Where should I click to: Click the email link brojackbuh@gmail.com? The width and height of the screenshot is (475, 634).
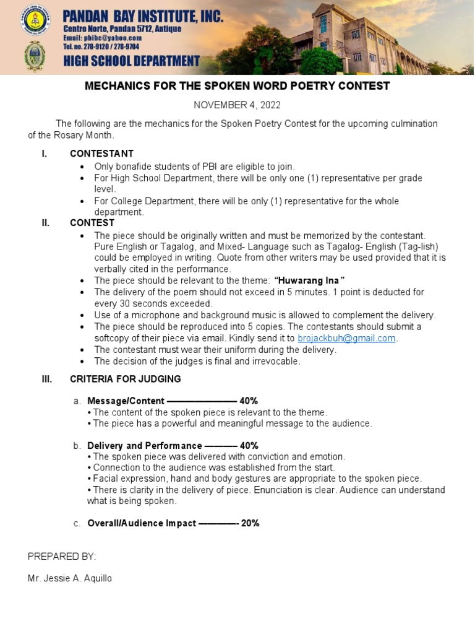click(346, 338)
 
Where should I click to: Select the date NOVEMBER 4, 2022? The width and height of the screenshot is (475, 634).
click(237, 105)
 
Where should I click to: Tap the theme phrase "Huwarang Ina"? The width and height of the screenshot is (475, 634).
click(309, 281)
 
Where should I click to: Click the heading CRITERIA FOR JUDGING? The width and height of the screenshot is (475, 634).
click(126, 379)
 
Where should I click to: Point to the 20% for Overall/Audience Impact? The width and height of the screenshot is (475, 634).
click(250, 523)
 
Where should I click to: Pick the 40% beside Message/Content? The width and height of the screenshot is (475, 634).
click(249, 401)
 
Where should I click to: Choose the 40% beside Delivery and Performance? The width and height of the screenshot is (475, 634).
click(249, 446)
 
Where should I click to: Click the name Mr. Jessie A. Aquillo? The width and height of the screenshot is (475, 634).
click(70, 579)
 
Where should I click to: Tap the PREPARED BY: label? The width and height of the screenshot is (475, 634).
click(62, 556)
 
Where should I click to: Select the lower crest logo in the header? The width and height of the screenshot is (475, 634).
click(35, 56)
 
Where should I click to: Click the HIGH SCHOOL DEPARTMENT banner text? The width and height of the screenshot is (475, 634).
click(131, 61)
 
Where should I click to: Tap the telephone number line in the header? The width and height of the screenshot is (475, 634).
click(101, 46)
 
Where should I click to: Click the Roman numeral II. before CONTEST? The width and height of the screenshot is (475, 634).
click(45, 223)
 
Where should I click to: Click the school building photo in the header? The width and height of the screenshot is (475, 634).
click(346, 37)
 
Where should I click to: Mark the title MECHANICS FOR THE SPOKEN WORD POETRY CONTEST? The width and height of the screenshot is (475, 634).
click(237, 86)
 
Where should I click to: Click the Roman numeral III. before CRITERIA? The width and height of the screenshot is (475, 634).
click(46, 379)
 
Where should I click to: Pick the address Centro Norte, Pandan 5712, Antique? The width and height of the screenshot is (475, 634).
click(122, 29)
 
